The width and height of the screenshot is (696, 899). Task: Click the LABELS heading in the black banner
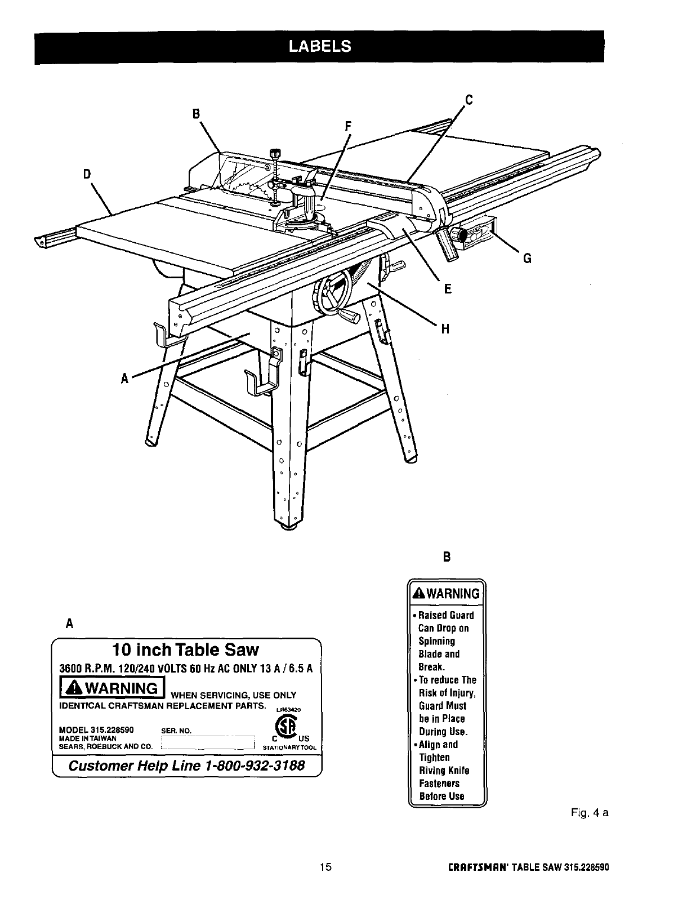(x=319, y=46)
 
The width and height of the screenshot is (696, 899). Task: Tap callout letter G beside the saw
(x=527, y=259)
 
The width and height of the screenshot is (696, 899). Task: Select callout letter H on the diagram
(x=445, y=329)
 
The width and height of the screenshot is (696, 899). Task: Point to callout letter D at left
(x=87, y=174)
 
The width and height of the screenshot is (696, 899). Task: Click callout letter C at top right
(x=468, y=100)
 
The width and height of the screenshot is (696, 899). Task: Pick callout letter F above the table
(x=348, y=126)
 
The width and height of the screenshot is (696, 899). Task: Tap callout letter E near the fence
(x=448, y=289)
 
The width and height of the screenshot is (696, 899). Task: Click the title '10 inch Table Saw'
(x=185, y=650)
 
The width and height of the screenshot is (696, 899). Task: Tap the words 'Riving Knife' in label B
(x=444, y=771)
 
